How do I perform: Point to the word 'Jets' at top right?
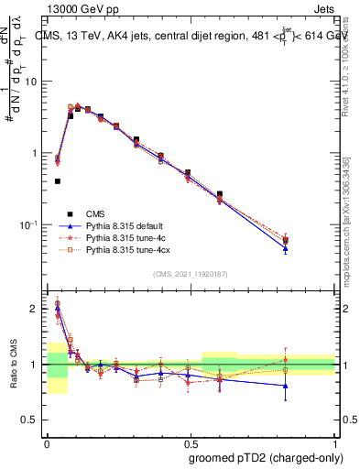[x=326, y=7]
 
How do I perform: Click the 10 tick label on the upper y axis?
[x=32, y=82]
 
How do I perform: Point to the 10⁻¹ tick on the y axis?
[x=29, y=225]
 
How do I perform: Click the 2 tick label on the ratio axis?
[x=35, y=309]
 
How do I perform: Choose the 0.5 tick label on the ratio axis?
[x=31, y=420]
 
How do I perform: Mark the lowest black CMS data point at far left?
[x=58, y=181]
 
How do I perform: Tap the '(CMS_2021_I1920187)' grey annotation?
[x=191, y=274]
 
